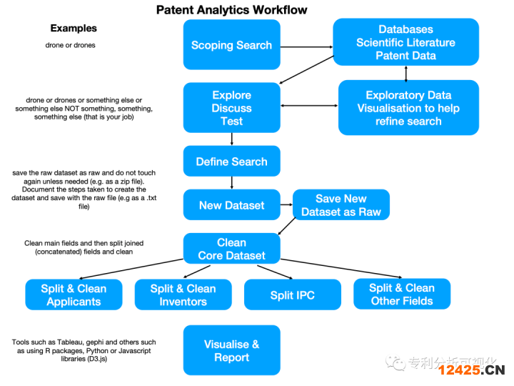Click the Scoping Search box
[x=231, y=44]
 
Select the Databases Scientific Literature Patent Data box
[x=405, y=42]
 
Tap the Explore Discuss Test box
[x=231, y=108]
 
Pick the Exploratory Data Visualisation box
[x=408, y=108]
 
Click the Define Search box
[x=231, y=162]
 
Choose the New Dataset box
[x=231, y=205]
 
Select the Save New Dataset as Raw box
[x=341, y=205]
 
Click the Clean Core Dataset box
[x=231, y=249]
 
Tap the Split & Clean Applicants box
[x=74, y=295]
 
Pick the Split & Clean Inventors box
[x=183, y=295]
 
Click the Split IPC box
[x=292, y=295]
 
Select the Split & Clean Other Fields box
[x=401, y=295]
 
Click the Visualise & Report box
[x=231, y=350]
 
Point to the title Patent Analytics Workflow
[x=232, y=9]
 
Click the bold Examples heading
[x=74, y=29]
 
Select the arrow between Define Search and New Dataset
[x=232, y=182]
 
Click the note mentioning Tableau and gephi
[x=84, y=351]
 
